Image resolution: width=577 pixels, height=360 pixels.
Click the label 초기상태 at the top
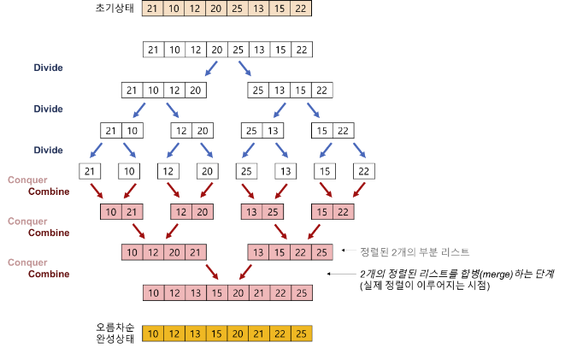pyautogui.click(x=115, y=9)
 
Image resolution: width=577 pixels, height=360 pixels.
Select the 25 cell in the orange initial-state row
pyautogui.click(x=237, y=9)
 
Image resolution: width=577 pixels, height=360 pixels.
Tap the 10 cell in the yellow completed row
pyautogui.click(x=154, y=333)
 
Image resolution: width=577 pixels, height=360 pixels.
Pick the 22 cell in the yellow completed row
pyautogui.click(x=279, y=333)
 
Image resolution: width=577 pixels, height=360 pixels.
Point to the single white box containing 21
pyautogui.click(x=90, y=171)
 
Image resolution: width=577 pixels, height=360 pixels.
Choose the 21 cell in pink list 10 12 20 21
pyautogui.click(x=194, y=251)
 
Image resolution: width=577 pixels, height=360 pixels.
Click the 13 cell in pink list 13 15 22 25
pyautogui.click(x=258, y=251)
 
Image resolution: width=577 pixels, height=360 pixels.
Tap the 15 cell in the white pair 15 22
pyautogui.click(x=321, y=131)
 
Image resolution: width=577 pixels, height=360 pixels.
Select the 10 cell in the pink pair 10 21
pyautogui.click(x=111, y=211)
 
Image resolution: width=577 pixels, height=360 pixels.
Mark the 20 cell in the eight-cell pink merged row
pyautogui.click(x=237, y=293)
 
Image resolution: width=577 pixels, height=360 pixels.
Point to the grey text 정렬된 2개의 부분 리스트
pyautogui.click(x=415, y=251)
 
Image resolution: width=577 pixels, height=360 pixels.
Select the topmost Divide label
pyautogui.click(x=48, y=68)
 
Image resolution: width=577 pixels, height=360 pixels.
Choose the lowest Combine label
pyautogui.click(x=49, y=274)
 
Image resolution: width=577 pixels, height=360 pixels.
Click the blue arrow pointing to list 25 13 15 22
pyautogui.click(x=246, y=68)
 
